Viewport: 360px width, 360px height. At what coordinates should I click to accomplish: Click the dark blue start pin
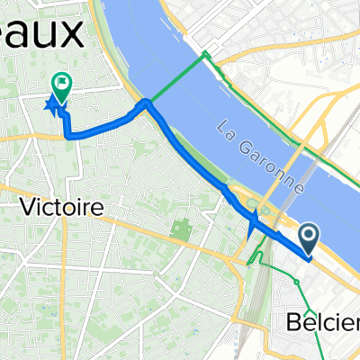(x=309, y=240)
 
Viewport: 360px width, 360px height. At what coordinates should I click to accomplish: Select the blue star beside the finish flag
(x=50, y=106)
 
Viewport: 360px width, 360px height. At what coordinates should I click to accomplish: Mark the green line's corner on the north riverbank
(x=206, y=54)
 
